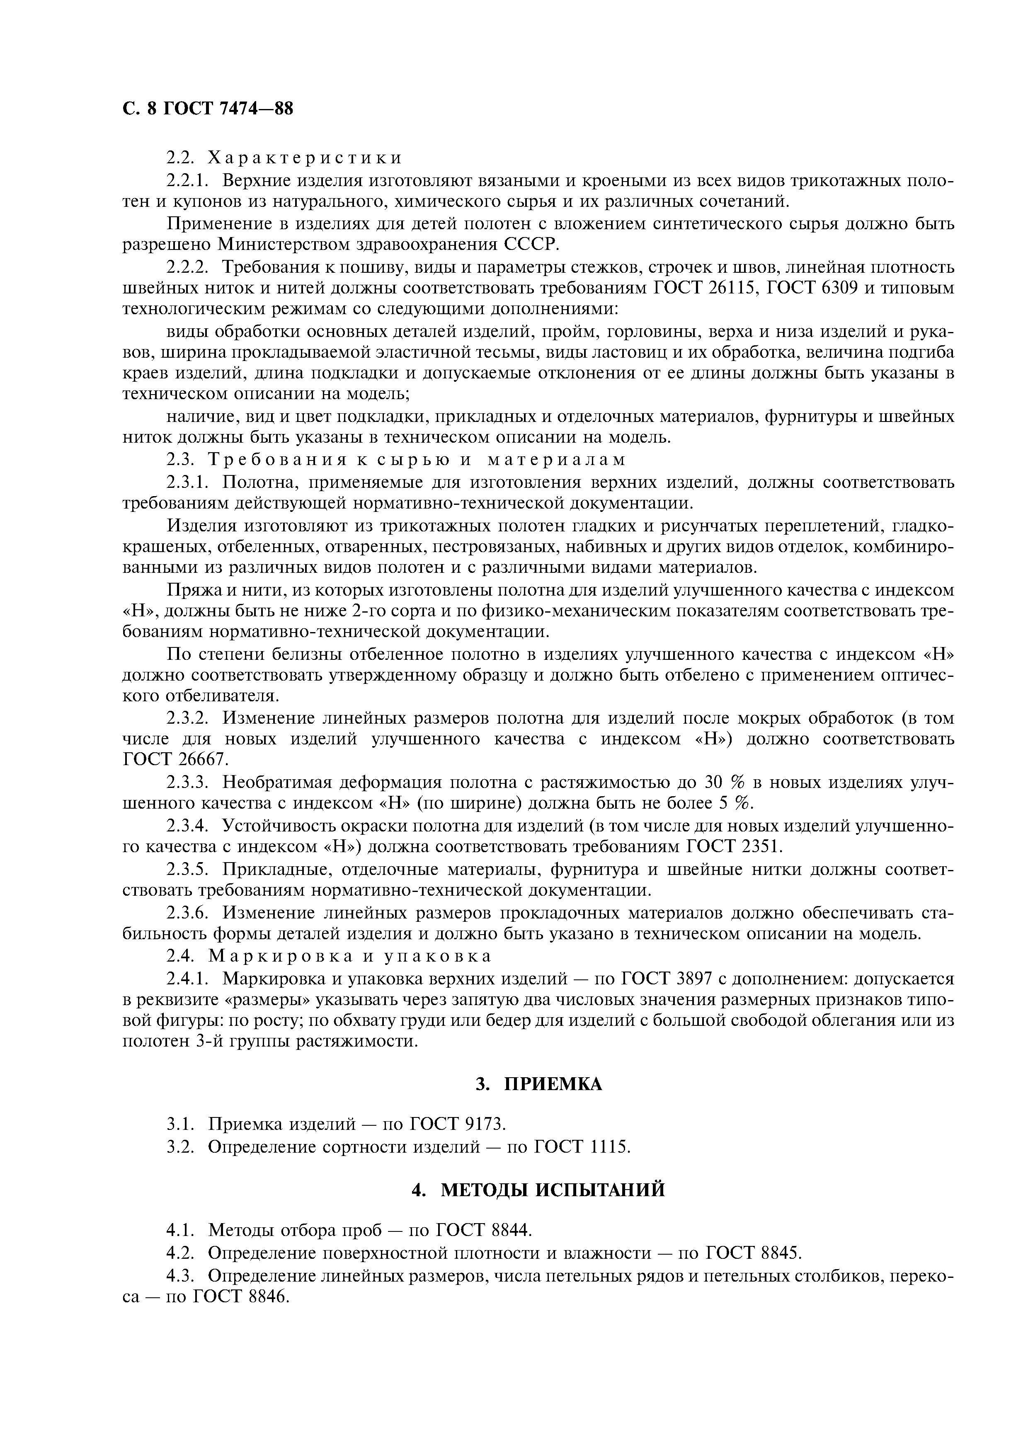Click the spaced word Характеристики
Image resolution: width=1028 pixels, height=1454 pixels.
pos(305,157)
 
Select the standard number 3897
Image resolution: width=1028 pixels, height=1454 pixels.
pos(688,979)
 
